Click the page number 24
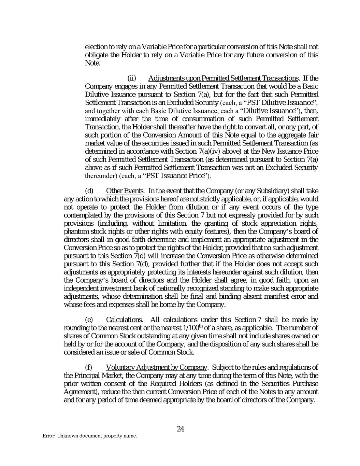181,429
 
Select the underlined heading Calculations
124,320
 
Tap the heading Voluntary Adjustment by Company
156,367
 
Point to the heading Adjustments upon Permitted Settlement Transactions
224,78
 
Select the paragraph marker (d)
89,190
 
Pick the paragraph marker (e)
89,320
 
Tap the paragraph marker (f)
88,367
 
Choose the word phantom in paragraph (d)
75,231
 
